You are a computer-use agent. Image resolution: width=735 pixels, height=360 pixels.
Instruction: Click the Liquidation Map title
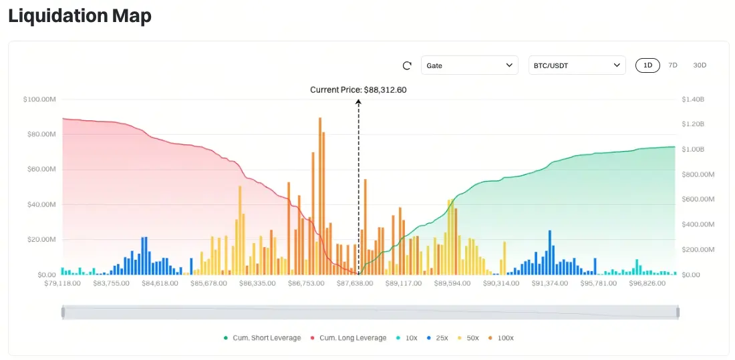coord(80,16)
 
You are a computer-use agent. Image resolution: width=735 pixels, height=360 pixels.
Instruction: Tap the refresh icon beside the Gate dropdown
coord(407,65)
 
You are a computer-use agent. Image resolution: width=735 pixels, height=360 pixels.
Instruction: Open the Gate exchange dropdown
coord(469,65)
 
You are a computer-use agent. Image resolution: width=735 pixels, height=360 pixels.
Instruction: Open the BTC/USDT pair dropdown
coord(577,65)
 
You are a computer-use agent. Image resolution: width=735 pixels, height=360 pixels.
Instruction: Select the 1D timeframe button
coord(647,65)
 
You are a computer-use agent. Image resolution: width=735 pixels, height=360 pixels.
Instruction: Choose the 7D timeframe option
coord(673,65)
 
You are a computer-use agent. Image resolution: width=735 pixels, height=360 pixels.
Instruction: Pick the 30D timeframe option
coord(700,65)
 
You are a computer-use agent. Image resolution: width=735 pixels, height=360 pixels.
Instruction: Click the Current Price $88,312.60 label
coord(358,89)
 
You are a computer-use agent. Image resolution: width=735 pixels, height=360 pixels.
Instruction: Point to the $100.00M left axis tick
coord(39,100)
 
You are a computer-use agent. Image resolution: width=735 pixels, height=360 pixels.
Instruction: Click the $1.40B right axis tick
coord(693,100)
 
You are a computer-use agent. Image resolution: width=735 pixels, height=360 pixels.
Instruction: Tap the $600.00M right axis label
coord(698,200)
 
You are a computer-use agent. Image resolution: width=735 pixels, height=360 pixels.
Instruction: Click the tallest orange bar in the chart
coord(320,194)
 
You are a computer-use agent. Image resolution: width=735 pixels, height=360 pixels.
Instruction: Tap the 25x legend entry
coord(438,338)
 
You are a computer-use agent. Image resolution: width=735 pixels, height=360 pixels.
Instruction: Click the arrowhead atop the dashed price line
coord(359,102)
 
